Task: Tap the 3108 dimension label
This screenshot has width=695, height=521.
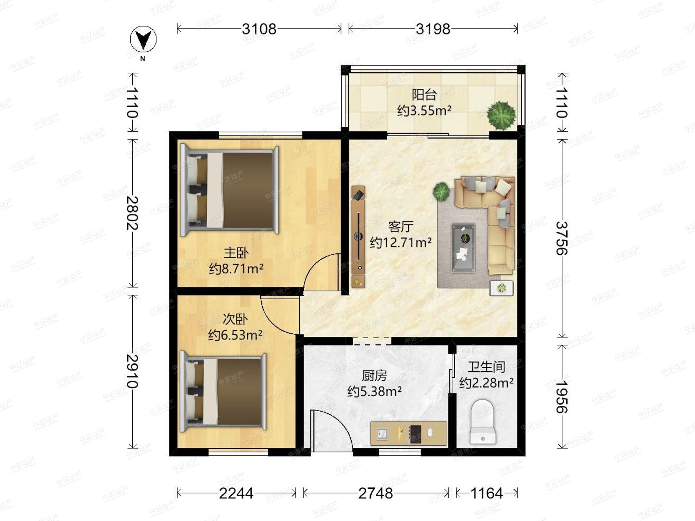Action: point(259,29)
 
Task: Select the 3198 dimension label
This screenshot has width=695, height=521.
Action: point(433,29)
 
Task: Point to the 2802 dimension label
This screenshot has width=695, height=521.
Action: point(133,213)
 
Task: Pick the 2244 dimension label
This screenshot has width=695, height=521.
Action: point(236,494)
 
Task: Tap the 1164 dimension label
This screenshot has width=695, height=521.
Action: point(487,494)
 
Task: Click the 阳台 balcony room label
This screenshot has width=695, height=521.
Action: point(424,94)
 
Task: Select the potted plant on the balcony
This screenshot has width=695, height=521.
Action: point(501,115)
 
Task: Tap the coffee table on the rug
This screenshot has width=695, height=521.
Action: point(463,248)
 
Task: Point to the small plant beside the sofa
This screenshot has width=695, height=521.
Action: point(441,192)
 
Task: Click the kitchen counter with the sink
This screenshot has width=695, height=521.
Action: point(408,433)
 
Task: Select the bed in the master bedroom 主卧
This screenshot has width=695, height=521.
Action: point(229,191)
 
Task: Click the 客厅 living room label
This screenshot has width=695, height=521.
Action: point(400,226)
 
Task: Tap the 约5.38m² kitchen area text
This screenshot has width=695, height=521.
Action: point(374,391)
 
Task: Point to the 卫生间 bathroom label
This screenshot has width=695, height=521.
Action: point(486,367)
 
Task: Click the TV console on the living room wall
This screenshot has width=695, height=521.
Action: point(359,236)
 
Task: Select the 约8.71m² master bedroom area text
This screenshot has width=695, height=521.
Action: point(236,269)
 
